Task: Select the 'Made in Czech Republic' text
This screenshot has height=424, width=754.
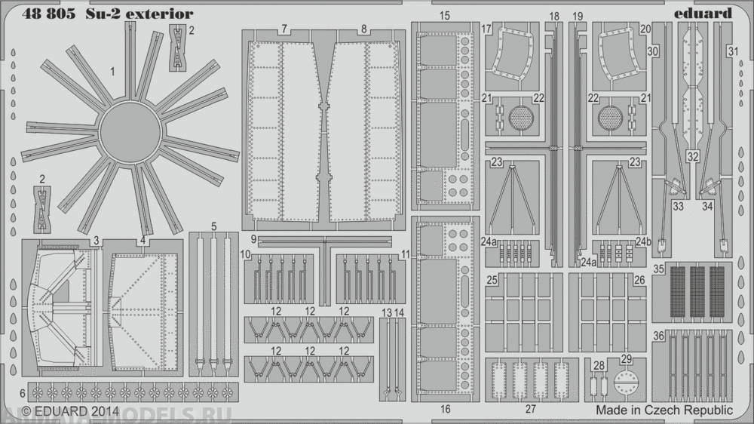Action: click(664, 410)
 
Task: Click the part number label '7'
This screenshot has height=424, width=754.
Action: click(284, 29)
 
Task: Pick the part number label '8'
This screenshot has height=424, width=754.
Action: click(363, 29)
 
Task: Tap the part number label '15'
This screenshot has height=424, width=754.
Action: click(444, 16)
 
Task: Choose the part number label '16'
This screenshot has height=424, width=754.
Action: click(445, 409)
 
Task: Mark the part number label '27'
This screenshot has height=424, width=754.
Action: click(530, 409)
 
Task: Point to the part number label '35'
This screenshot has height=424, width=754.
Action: click(659, 269)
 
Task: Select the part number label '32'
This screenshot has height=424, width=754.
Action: click(693, 156)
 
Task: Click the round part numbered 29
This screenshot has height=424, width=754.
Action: click(626, 383)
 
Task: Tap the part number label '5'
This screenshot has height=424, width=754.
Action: click(214, 226)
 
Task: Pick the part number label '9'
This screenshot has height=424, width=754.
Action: click(254, 239)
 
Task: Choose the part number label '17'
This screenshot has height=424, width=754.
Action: click(486, 29)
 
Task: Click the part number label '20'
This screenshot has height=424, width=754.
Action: click(645, 29)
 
